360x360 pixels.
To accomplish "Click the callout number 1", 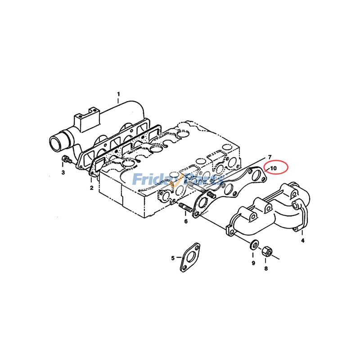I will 118,94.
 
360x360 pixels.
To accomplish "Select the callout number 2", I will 91,187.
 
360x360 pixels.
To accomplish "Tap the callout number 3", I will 63,172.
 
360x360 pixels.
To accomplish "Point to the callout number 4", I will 302,241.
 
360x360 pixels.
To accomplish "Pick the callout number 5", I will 172,258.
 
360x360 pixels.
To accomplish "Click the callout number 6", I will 185,221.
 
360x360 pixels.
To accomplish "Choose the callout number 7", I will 270,156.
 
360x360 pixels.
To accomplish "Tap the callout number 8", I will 265,269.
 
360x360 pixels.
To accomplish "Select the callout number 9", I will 253,263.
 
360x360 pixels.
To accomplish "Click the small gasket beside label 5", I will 192,257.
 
